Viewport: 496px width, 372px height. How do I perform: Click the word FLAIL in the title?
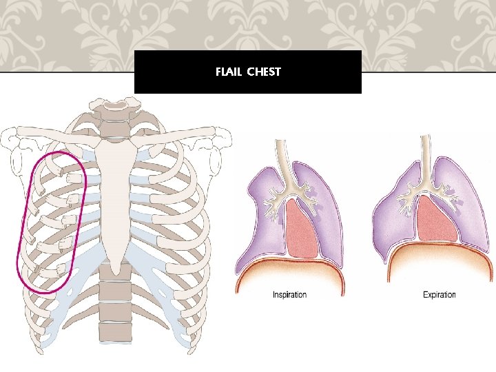click(x=227, y=72)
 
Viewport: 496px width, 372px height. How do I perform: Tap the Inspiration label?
click(x=289, y=295)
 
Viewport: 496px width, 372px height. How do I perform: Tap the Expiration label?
click(x=439, y=295)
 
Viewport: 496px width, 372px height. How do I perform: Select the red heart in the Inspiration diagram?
click(x=300, y=227)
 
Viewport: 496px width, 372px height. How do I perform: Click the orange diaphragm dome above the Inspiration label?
click(x=289, y=272)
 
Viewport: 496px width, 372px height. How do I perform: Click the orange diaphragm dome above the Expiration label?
click(x=439, y=258)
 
